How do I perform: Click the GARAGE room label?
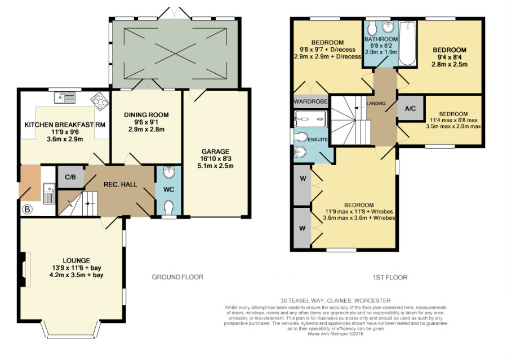pos(215,152)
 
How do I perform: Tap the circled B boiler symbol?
pos(28,210)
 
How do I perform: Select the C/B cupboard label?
pos(70,177)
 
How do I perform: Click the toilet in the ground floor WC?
pos(168,207)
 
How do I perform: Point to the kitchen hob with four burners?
pos(99,101)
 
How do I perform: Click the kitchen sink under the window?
pos(65,97)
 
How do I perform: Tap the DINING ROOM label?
pos(146,115)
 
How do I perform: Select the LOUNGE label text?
pos(76,260)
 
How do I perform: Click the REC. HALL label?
pos(121,184)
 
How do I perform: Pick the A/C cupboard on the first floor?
pos(410,108)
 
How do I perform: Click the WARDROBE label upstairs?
pos(311,101)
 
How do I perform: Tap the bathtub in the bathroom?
pos(407,43)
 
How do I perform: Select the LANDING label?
pos(376,104)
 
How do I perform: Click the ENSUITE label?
pos(318,140)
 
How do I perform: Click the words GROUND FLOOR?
pos(177,277)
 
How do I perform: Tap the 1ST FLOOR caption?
pos(390,277)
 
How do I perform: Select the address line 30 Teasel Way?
pos(336,300)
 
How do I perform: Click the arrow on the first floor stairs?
pos(359,108)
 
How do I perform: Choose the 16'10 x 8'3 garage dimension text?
pos(215,159)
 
